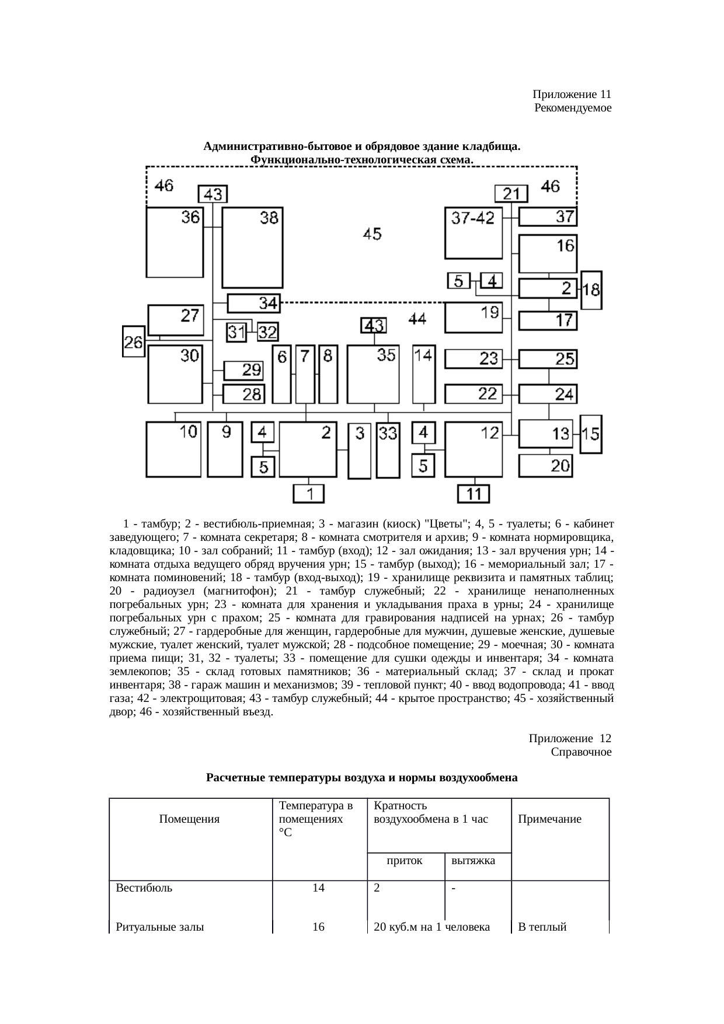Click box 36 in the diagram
[x=173, y=242]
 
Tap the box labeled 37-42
[x=474, y=232]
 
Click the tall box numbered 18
[x=591, y=290]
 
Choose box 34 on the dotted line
[x=253, y=303]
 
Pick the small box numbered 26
[x=134, y=341]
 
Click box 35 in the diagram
[x=373, y=373]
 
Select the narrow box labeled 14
[x=424, y=373]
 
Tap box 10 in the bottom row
[x=173, y=449]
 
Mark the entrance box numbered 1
[x=309, y=494]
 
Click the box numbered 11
[x=474, y=494]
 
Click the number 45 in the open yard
[x=373, y=234]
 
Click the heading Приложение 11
[x=572, y=95]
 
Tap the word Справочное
[x=581, y=752]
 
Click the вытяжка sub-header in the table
[x=474, y=860]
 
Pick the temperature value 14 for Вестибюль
[x=318, y=889]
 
